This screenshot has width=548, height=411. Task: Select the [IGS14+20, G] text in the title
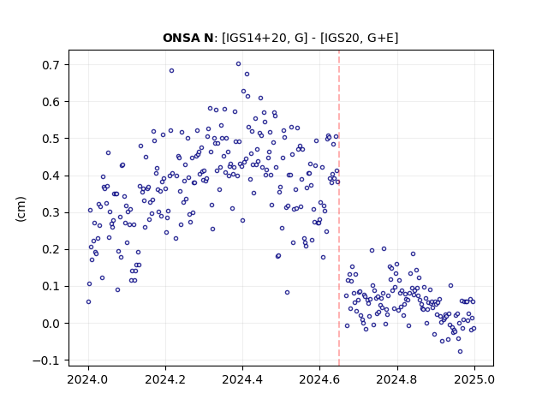265,38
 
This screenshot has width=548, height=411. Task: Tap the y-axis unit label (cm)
21,209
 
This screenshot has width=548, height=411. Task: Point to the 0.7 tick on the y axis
51,65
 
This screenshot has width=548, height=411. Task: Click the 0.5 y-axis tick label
51,139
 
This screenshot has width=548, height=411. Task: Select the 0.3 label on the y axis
51,213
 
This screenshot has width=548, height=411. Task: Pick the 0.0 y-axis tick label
51,324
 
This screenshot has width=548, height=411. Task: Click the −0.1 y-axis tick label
46,360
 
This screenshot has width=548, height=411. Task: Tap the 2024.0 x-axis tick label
88,379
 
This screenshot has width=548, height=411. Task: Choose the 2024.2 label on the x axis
165,379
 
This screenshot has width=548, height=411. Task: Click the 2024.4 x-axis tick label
242,379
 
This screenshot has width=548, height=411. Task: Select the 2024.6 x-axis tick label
319,379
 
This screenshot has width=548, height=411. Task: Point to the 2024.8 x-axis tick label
397,379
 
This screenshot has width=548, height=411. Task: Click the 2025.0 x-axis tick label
474,379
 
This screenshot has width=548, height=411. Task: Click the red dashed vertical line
339,208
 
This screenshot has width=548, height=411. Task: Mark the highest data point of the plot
238,64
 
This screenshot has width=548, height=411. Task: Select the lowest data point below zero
461,352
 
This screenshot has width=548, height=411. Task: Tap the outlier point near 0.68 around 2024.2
171,70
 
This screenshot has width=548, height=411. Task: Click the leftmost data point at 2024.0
88,302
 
